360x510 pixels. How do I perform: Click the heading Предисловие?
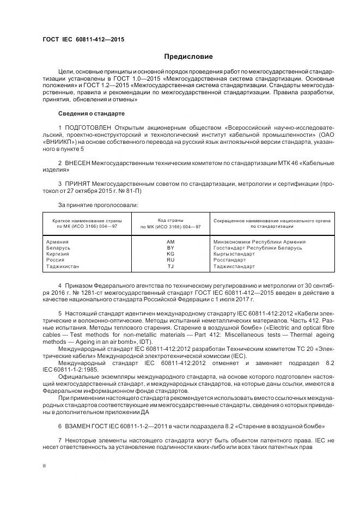click(x=189, y=57)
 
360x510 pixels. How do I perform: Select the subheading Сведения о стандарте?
click(x=91, y=113)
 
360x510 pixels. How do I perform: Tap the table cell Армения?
click(x=58, y=241)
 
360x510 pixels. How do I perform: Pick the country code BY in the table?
click(x=170, y=247)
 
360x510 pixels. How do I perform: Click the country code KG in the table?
click(x=170, y=254)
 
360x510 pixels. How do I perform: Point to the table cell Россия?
click(x=56, y=260)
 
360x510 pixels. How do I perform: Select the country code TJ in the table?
click(x=170, y=266)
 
